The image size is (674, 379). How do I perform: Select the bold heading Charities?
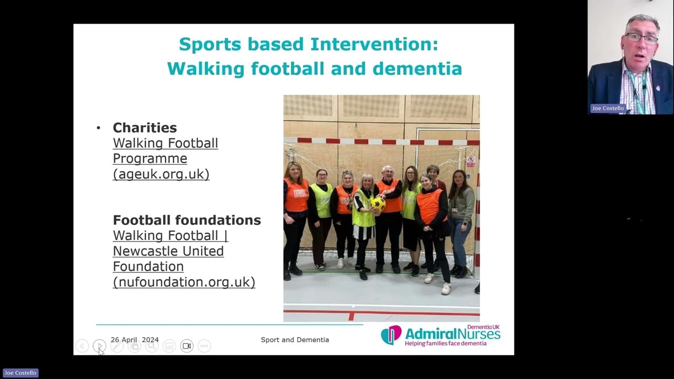[x=145, y=127]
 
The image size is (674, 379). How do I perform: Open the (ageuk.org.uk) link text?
[x=161, y=174]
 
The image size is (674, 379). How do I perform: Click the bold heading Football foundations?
[x=187, y=220]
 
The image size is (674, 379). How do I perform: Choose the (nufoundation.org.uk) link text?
[x=184, y=282]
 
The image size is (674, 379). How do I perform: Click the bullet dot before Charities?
[x=98, y=128]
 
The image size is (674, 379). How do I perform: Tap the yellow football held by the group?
[x=378, y=204]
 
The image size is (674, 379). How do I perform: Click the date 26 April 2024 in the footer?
[x=134, y=340]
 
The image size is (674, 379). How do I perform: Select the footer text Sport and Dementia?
[x=295, y=340]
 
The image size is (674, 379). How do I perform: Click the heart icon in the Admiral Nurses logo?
[x=391, y=335]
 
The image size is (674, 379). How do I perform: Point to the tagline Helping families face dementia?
[x=445, y=343]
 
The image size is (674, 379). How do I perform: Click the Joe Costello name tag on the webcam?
[x=608, y=108]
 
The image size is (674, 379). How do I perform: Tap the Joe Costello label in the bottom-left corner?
[x=21, y=373]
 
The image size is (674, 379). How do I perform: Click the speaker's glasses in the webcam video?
[x=641, y=38]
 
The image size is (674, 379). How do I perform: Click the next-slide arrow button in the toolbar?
[x=99, y=346]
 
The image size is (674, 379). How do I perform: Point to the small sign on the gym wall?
[x=470, y=161]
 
